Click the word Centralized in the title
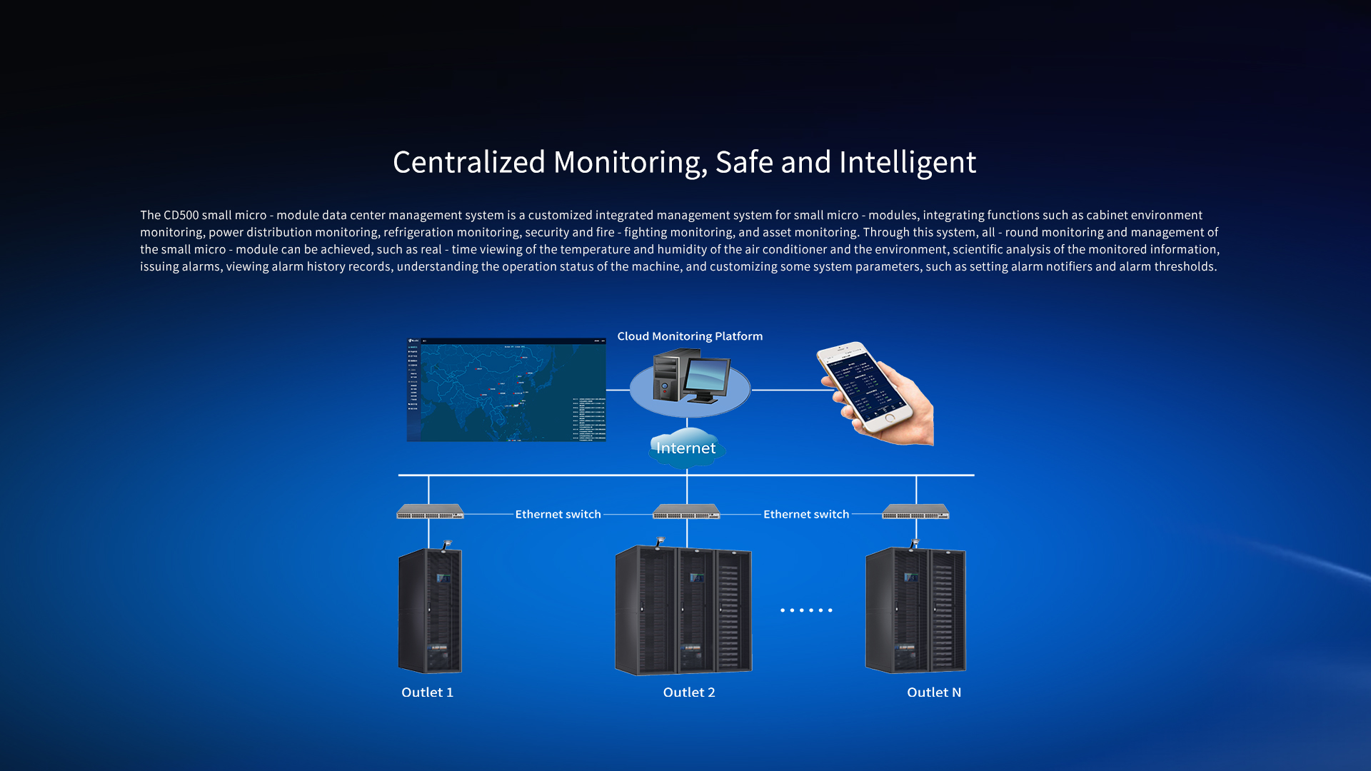pyautogui.click(x=468, y=162)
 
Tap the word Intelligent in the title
pyautogui.click(x=907, y=162)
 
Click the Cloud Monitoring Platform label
pyautogui.click(x=690, y=336)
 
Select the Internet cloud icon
pyautogui.click(x=686, y=448)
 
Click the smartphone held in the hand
pyautogui.click(x=865, y=387)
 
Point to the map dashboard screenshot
pyautogui.click(x=506, y=390)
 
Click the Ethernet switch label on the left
pyautogui.click(x=558, y=514)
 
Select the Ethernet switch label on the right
pyautogui.click(x=806, y=514)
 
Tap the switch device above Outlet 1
pyautogui.click(x=430, y=512)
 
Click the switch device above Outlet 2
pyautogui.click(x=686, y=512)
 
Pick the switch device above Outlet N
pyautogui.click(x=915, y=512)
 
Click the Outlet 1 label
pyautogui.click(x=427, y=692)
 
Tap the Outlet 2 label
pyautogui.click(x=689, y=692)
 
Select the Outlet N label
pyautogui.click(x=934, y=692)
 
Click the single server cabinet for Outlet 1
pyautogui.click(x=430, y=610)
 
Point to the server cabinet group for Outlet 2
pyautogui.click(x=683, y=610)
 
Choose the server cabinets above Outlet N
pyautogui.click(x=915, y=610)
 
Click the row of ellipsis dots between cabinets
pyautogui.click(x=806, y=610)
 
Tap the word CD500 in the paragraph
pyautogui.click(x=181, y=215)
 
